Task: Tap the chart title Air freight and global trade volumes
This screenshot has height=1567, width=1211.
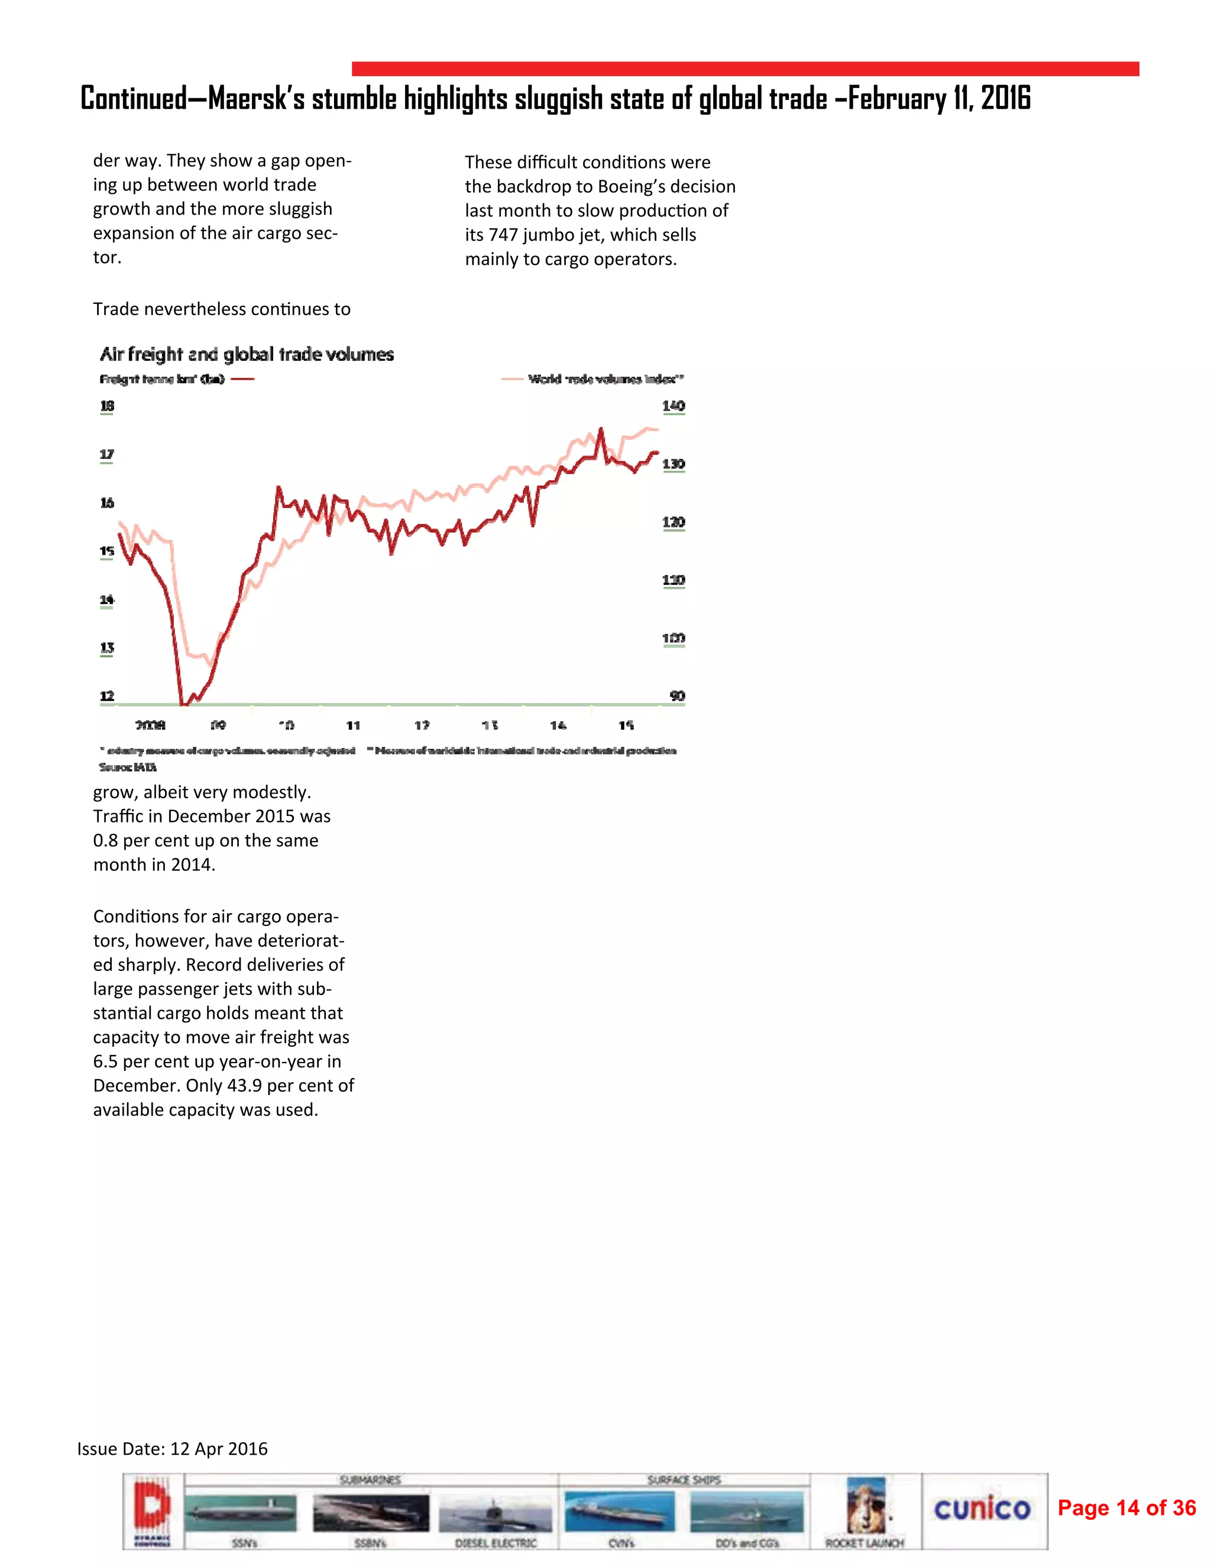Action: pyautogui.click(x=246, y=354)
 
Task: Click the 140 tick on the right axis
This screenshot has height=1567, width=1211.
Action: pyautogui.click(x=673, y=406)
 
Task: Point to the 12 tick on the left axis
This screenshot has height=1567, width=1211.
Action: pyautogui.click(x=107, y=695)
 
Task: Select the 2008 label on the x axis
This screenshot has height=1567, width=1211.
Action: pyautogui.click(x=151, y=725)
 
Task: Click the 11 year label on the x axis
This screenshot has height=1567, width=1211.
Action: pyautogui.click(x=353, y=725)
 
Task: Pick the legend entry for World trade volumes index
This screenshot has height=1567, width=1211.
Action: pyautogui.click(x=604, y=379)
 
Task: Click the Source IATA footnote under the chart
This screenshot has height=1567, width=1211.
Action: pyautogui.click(x=128, y=766)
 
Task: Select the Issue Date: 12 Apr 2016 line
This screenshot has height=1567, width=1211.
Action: pyautogui.click(x=172, y=1448)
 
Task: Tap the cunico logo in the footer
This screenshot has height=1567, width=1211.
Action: pyautogui.click(x=982, y=1509)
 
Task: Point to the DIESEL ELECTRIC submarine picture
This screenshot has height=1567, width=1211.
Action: pyautogui.click(x=495, y=1513)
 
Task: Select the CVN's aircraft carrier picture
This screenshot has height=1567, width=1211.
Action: pyautogui.click(x=620, y=1510)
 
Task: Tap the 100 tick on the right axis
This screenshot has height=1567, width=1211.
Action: pyautogui.click(x=673, y=638)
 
